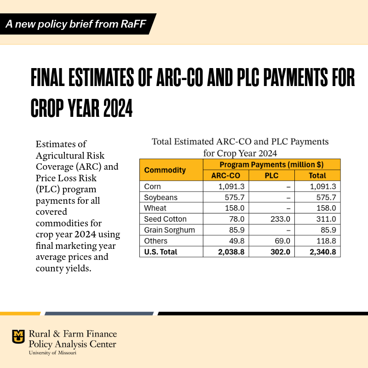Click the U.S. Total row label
(x=161, y=252)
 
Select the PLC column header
(x=271, y=175)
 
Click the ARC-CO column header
(x=226, y=175)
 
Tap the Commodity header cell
(x=165, y=170)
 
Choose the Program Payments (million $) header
(x=271, y=164)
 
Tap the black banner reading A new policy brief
(x=76, y=24)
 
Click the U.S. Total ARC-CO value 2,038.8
(x=229, y=252)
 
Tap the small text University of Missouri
(x=52, y=353)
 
